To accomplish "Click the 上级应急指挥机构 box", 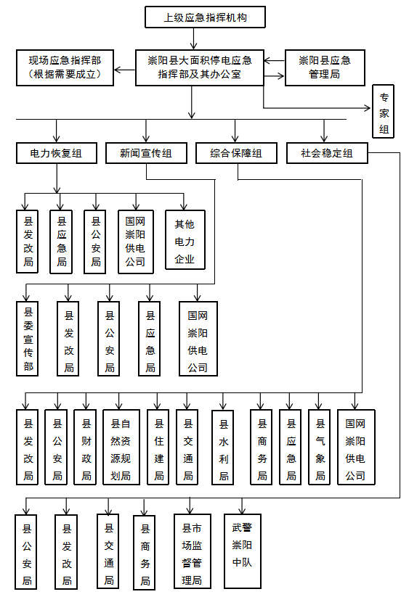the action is point(205,17).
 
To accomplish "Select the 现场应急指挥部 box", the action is point(65,67).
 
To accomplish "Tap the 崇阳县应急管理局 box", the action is point(325,67).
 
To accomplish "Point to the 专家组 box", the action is point(383,111).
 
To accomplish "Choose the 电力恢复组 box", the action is point(57,153).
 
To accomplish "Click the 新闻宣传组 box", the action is point(146,153).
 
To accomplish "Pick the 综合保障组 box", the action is point(236,153).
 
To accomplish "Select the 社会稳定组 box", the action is point(327,153).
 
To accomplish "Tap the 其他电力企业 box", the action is point(185,240).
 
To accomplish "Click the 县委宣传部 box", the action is point(27,339).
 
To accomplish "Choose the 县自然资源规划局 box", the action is point(121,448).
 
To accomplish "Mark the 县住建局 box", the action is point(158,448).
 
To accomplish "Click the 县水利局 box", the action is point(222,448).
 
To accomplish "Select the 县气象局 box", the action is point(319,448).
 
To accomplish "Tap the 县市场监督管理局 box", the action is point(192,551).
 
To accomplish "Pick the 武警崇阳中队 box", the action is point(243,551).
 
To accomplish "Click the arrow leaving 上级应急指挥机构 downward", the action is point(194,38).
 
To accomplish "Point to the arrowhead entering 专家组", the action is point(367,108).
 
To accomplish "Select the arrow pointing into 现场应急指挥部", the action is point(125,70).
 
